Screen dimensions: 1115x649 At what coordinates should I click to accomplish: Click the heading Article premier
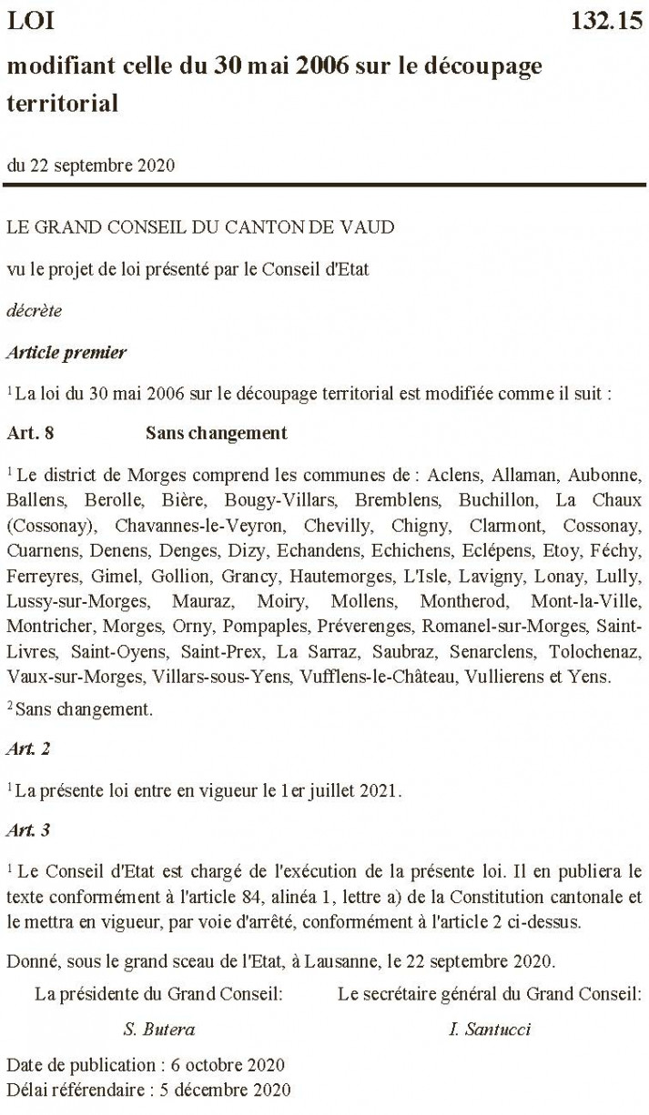pyautogui.click(x=66, y=350)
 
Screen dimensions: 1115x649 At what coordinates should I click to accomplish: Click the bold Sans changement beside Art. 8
pyautogui.click(x=216, y=433)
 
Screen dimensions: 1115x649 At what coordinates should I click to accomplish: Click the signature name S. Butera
pyautogui.click(x=159, y=1030)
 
